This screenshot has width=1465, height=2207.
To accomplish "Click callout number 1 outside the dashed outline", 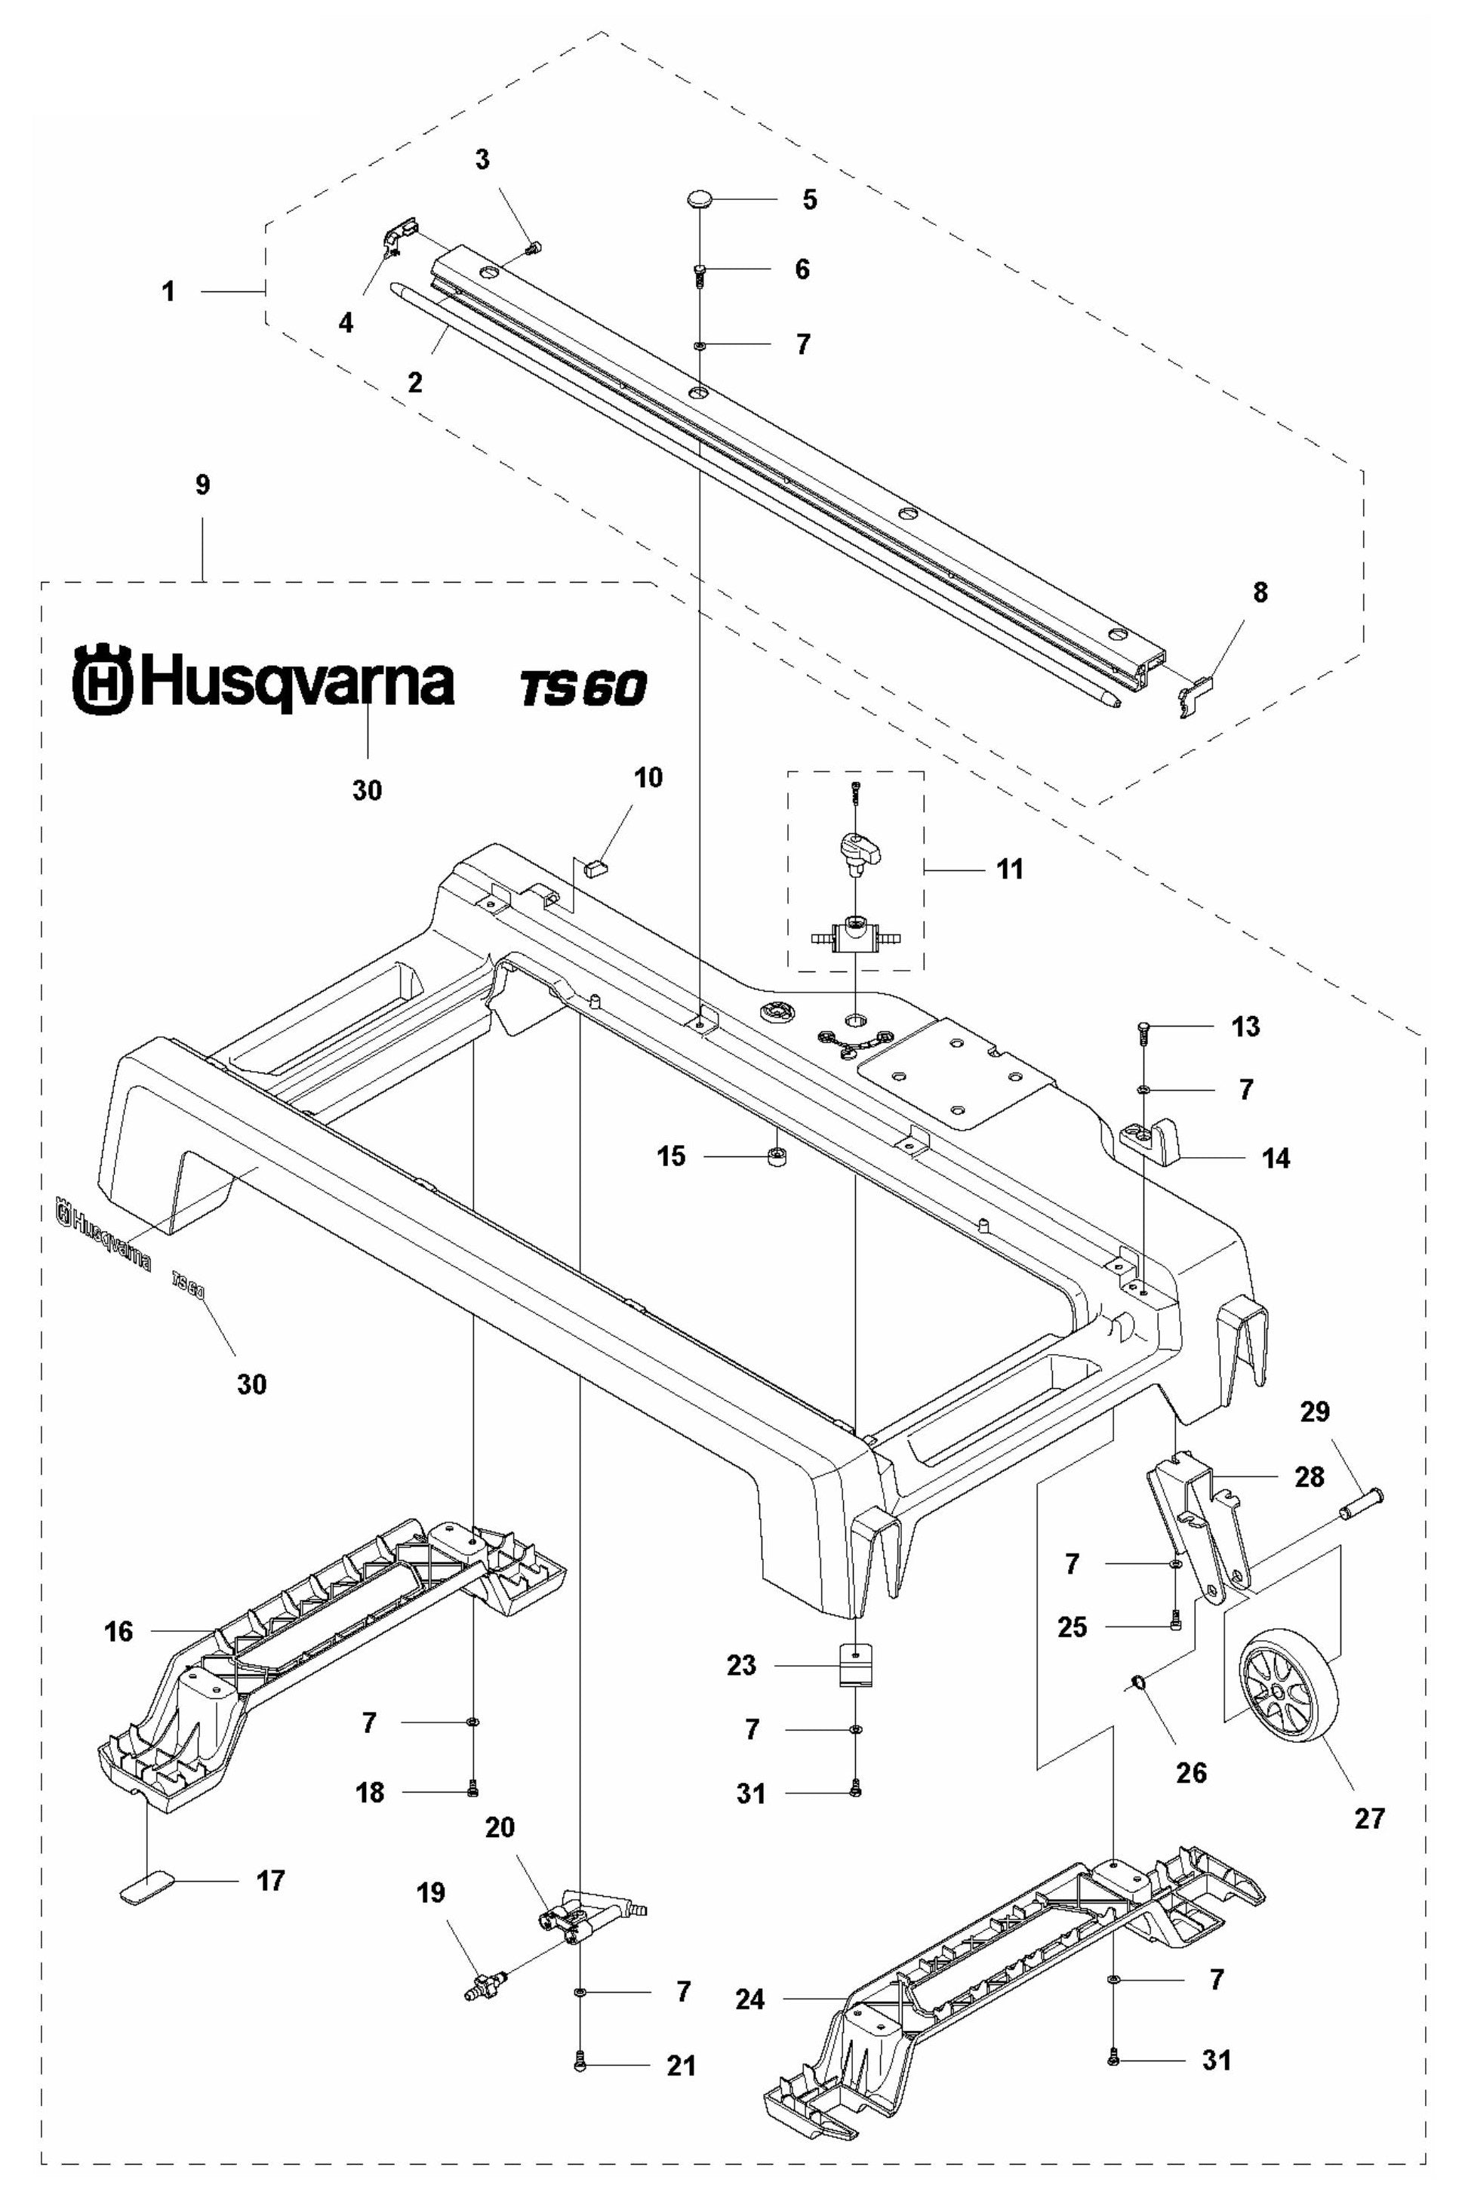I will pyautogui.click(x=168, y=291).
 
